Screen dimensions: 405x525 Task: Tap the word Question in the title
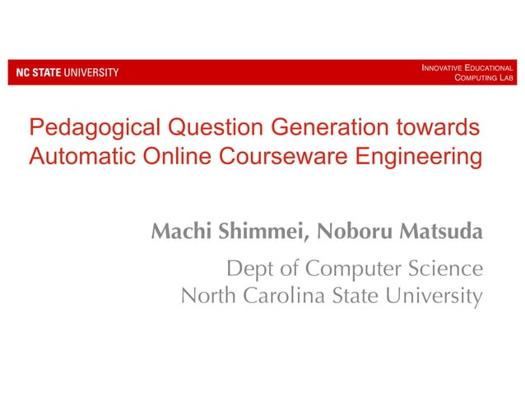212,129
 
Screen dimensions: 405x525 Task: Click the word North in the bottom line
207,295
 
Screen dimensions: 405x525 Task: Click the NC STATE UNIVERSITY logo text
63,72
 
